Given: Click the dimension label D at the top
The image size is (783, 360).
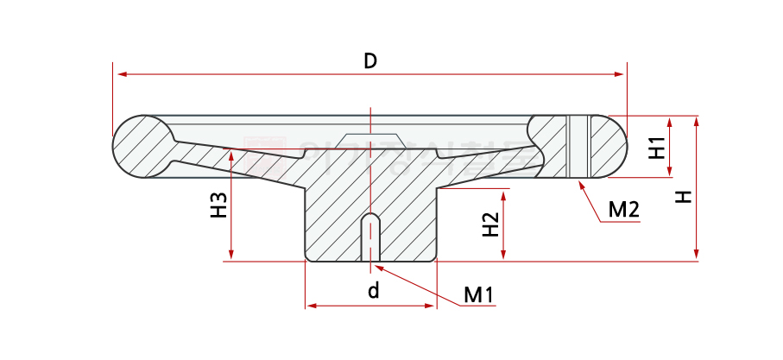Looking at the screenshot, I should (x=369, y=60).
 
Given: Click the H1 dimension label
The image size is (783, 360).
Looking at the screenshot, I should (x=657, y=148).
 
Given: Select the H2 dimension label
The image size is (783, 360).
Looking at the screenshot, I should (x=489, y=224).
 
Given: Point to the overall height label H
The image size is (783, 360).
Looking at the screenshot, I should (x=683, y=197).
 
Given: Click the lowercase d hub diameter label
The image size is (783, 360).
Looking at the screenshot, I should (x=373, y=291).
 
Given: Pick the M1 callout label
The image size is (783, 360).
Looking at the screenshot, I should (x=478, y=295).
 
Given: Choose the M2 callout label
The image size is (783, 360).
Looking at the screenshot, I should (x=623, y=210).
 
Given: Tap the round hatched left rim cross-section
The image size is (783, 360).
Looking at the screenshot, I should (x=142, y=146).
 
